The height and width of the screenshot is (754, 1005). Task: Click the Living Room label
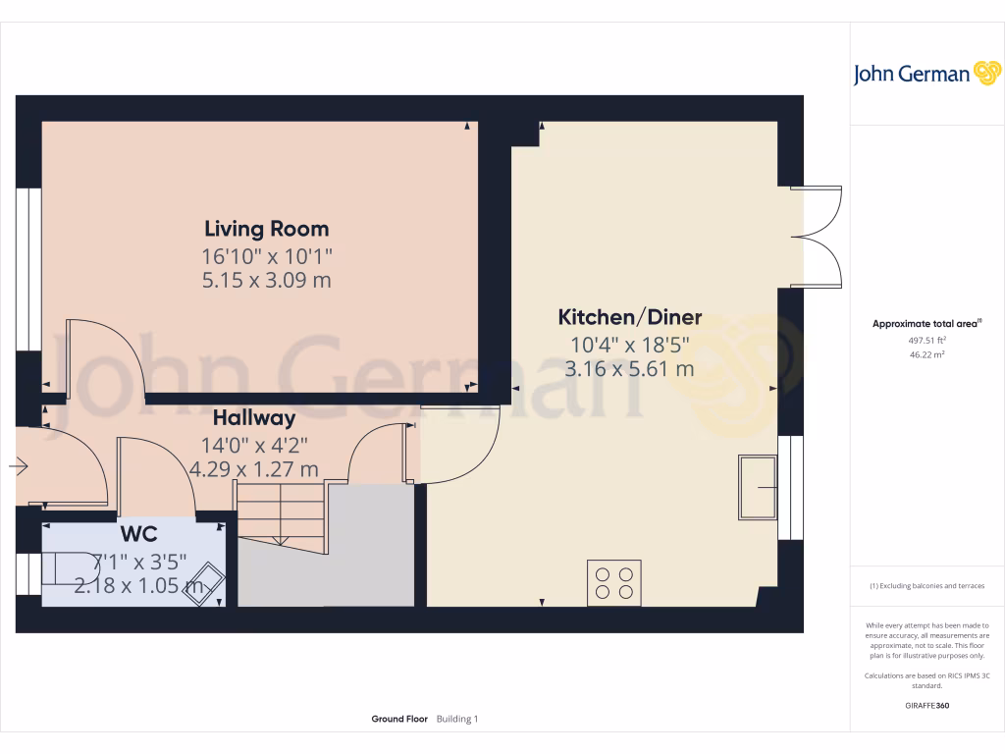click(267, 229)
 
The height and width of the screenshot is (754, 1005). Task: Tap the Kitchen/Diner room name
click(629, 317)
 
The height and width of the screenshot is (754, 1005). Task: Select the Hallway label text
click(254, 418)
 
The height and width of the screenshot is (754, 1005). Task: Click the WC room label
click(139, 533)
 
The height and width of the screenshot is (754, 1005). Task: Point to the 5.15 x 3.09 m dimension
click(267, 280)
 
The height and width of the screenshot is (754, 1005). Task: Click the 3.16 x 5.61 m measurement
click(629, 369)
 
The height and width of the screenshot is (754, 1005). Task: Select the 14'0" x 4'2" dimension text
click(254, 445)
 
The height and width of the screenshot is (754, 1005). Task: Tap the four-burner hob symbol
click(614, 583)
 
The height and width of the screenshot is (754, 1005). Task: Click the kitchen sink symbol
click(758, 487)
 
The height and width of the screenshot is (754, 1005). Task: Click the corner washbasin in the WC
click(204, 583)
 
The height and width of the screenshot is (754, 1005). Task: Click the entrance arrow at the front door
click(19, 466)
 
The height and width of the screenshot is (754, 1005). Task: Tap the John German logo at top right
click(926, 74)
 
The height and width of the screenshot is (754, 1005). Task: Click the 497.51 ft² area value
click(926, 341)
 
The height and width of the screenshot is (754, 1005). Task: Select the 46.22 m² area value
click(926, 354)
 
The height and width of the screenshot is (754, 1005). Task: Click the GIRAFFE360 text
click(926, 705)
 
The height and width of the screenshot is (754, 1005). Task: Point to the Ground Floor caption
click(399, 719)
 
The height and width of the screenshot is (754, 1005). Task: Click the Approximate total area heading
click(926, 324)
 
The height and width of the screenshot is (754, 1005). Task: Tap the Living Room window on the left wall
click(28, 269)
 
